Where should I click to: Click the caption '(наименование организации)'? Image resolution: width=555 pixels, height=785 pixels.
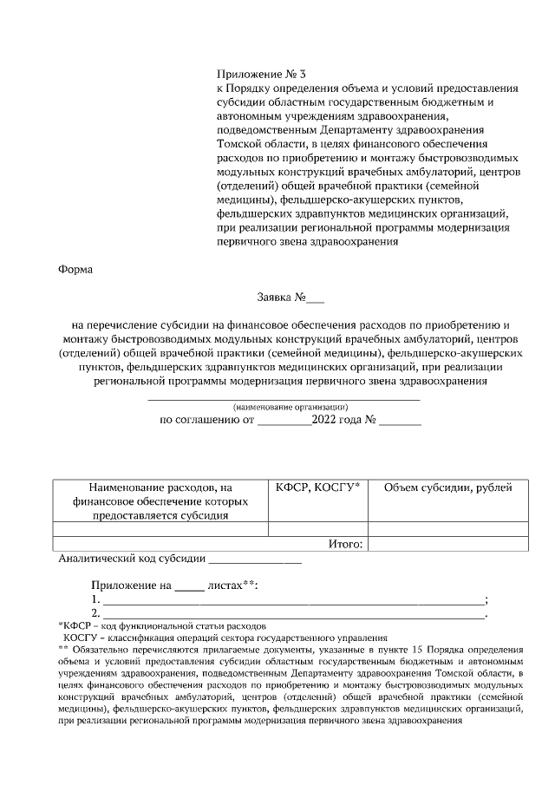click(x=290, y=406)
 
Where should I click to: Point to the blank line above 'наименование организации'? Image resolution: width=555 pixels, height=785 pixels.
click(x=284, y=398)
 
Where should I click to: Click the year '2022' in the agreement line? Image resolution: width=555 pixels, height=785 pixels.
click(x=325, y=421)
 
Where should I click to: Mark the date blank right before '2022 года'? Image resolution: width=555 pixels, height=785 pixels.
click(x=284, y=422)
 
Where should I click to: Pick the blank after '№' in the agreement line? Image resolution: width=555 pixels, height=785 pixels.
click(x=401, y=422)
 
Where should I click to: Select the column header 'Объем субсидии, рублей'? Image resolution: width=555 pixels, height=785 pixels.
click(x=447, y=487)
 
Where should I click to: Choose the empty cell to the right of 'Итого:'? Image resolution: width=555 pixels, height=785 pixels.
click(x=447, y=544)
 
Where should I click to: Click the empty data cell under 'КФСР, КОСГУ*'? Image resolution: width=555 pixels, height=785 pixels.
click(x=317, y=528)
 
